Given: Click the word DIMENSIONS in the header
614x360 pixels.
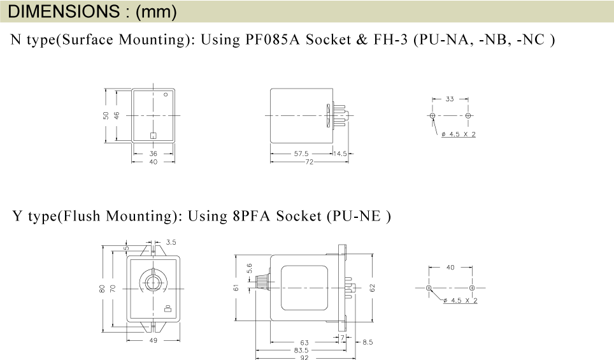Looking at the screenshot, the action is pos(64,11).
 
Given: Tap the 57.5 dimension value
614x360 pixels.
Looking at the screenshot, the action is pos(301,154).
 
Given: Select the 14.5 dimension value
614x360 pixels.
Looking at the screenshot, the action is pos(340,154).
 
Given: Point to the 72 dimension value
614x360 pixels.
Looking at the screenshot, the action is pos(310,162).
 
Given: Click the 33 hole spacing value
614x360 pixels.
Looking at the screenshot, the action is pos(450,99).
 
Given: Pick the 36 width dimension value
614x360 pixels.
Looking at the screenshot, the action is pos(153,154).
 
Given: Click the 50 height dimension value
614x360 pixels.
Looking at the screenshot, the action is pos(106,115).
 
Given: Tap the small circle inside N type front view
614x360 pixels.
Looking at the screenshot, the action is pos(166,94).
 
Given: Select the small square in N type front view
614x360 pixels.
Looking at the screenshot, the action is pos(153,136).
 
